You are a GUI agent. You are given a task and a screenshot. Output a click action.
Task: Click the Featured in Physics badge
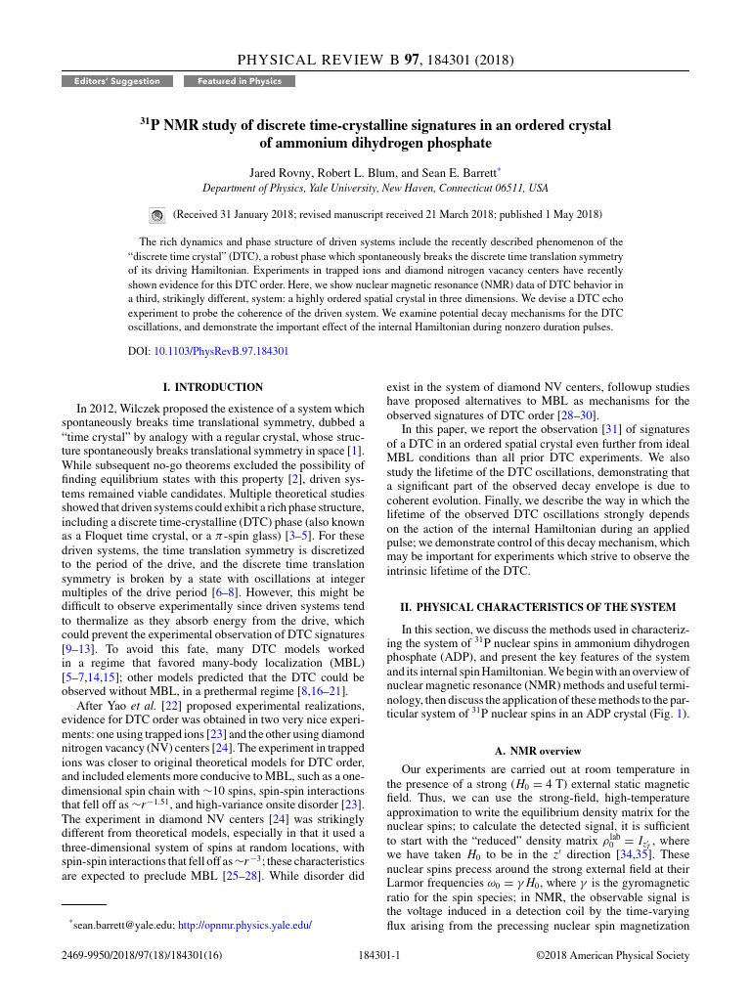(239, 81)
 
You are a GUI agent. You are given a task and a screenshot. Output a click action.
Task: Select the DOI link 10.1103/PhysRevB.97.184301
(222, 351)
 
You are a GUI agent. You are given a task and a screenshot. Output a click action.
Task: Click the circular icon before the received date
(156, 214)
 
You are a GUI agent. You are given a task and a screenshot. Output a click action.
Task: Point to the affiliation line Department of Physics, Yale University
(375, 188)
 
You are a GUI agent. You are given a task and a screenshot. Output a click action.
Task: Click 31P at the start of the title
(150, 126)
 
